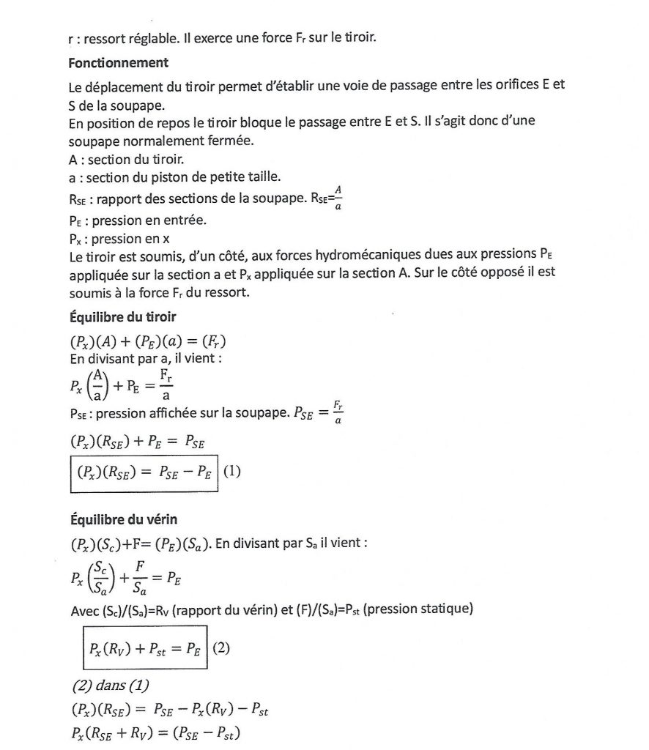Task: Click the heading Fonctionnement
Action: coord(118,63)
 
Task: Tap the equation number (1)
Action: coord(231,472)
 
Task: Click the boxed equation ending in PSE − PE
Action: coord(144,472)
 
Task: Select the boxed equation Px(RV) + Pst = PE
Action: coord(144,647)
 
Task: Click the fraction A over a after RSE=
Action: coord(338,201)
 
